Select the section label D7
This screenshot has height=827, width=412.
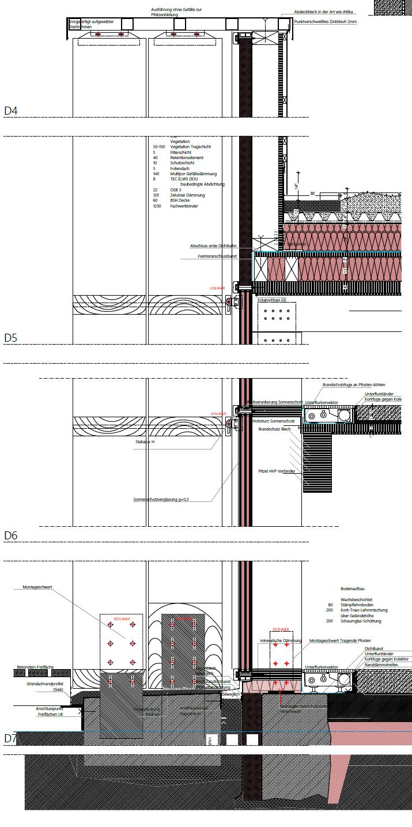coord(11,738)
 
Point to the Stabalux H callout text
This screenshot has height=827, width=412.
coord(145,441)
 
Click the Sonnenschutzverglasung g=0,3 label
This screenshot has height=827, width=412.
coord(161,499)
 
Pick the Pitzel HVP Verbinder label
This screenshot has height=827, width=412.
coord(277,471)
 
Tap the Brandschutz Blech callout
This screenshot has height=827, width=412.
coord(275,429)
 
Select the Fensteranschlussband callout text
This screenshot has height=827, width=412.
coord(217,256)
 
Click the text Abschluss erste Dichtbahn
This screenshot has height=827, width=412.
coord(213,246)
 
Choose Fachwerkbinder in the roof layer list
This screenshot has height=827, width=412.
coord(184,206)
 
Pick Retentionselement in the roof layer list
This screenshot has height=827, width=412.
coord(187,157)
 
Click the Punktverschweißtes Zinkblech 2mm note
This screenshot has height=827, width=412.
coord(325,21)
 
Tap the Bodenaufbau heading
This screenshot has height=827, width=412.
coord(352,589)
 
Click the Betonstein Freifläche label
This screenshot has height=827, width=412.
coord(36,667)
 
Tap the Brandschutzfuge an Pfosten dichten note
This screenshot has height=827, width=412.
coord(354,384)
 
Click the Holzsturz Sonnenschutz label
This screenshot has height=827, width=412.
coord(274,421)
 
